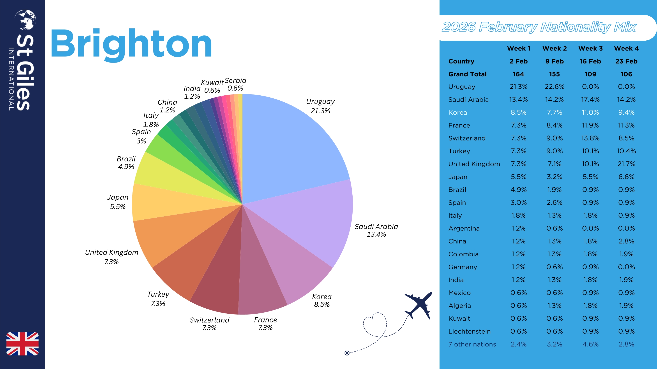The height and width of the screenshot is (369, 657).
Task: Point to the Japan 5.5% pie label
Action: (x=118, y=202)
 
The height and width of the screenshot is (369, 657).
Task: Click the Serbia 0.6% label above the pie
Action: (x=235, y=84)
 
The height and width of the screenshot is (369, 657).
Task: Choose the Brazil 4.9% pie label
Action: (x=126, y=163)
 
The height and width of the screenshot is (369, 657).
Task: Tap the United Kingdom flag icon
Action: (x=22, y=344)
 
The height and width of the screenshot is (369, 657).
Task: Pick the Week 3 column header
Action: (x=590, y=48)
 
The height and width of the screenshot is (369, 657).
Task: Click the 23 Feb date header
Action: (x=626, y=61)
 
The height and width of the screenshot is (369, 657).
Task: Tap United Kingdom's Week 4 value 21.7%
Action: (x=626, y=164)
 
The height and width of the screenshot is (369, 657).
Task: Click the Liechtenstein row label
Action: (x=469, y=331)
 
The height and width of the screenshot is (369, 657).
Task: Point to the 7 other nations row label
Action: (x=472, y=344)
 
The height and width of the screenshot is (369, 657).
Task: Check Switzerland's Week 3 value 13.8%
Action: (x=590, y=138)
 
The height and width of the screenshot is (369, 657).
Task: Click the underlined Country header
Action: (x=461, y=61)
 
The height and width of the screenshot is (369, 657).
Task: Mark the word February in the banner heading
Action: (x=508, y=27)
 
